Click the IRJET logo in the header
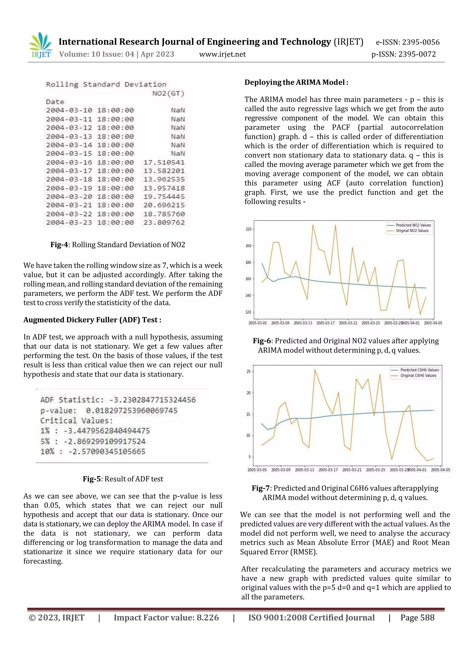click(41, 45)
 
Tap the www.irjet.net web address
click(222, 54)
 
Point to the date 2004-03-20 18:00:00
click(90, 197)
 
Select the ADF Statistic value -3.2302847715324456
click(152, 400)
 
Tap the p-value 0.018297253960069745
click(131, 411)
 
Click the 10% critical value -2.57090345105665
click(106, 451)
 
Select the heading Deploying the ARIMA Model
click(296, 82)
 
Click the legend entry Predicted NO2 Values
click(413, 225)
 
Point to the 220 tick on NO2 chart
click(248, 229)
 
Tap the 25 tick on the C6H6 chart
click(248, 371)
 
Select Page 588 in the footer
click(417, 618)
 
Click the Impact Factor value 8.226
click(208, 618)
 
